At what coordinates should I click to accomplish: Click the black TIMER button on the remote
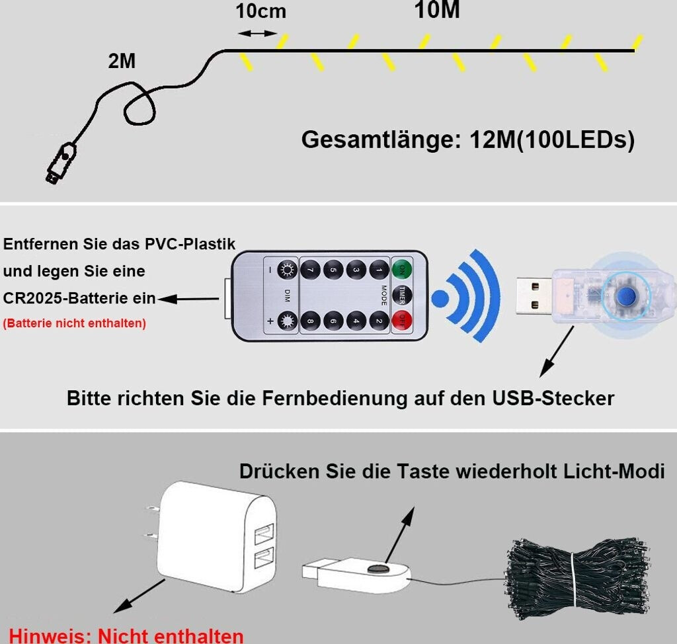pyautogui.click(x=401, y=295)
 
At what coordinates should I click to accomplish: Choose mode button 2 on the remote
pyautogui.click(x=378, y=321)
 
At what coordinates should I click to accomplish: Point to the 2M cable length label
pyautogui.click(x=122, y=61)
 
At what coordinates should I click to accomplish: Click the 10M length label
pyautogui.click(x=437, y=11)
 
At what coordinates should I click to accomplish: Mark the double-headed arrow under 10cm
pyautogui.click(x=257, y=33)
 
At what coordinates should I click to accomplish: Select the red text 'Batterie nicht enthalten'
pyautogui.click(x=75, y=323)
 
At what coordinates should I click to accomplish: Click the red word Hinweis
pyautogui.click(x=49, y=636)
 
